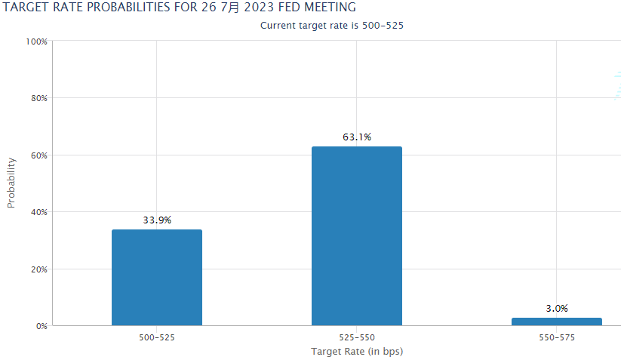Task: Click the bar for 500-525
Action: coord(156,278)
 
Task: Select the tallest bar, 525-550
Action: coord(356,236)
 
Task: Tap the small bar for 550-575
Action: coord(556,322)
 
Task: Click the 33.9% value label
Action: coord(157,220)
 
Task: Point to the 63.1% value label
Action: coord(357,137)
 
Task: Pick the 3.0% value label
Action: coord(556,309)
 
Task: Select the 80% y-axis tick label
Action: coord(38,98)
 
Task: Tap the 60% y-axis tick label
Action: coord(38,155)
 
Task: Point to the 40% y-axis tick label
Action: coord(38,212)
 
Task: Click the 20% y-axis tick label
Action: coord(38,269)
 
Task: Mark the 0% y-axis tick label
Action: coord(41,326)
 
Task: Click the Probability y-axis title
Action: coord(11,183)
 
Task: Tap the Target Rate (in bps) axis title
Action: coord(357,352)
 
